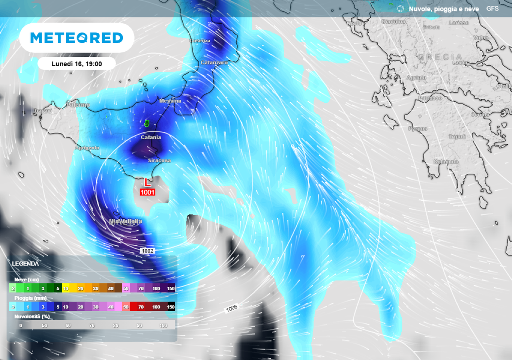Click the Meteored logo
click(x=76, y=38)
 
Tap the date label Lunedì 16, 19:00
click(x=77, y=64)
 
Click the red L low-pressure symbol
click(x=148, y=183)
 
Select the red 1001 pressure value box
click(x=148, y=192)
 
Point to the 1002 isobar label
click(x=147, y=251)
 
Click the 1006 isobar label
click(x=231, y=308)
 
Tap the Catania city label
click(x=151, y=137)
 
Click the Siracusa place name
click(x=159, y=161)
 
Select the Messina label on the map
click(x=170, y=101)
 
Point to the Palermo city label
click(x=78, y=105)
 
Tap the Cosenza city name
click(x=200, y=41)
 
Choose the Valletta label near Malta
click(x=126, y=221)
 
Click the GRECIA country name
click(x=440, y=57)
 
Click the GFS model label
click(x=492, y=9)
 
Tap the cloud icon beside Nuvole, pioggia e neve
click(x=400, y=9)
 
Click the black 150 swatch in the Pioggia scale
click(x=170, y=307)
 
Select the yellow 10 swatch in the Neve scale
click(x=66, y=288)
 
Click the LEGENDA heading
click(x=25, y=263)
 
